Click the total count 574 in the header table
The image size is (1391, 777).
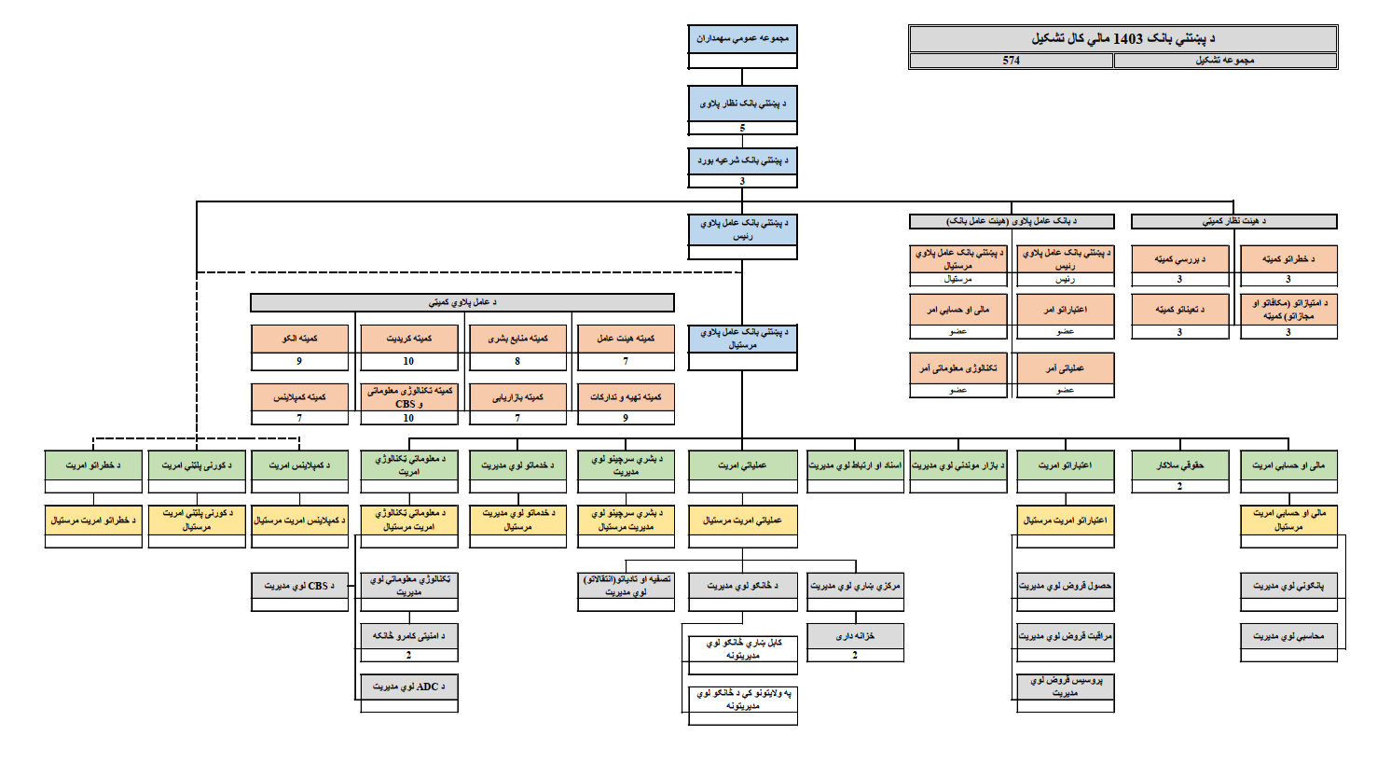1011,61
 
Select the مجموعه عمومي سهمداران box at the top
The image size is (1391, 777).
742,39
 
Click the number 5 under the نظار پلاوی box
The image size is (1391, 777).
742,128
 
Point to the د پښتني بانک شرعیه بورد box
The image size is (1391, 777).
742,160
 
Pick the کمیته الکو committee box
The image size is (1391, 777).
299,339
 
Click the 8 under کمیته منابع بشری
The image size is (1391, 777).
517,361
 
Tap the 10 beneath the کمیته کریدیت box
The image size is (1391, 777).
408,361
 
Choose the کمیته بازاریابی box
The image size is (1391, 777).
517,396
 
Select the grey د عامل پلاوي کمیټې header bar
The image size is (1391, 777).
461,302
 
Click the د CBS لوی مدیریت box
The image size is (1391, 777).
299,586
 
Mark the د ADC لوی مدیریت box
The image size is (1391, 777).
408,687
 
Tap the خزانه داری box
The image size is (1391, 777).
855,636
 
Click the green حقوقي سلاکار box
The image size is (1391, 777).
1179,465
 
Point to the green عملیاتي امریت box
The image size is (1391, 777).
742,465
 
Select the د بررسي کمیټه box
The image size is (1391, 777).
1179,258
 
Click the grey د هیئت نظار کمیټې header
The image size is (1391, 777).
1233,221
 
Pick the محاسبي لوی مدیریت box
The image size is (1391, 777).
1288,636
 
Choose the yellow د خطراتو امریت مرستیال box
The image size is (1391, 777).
93,520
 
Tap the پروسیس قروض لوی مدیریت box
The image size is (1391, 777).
1065,687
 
